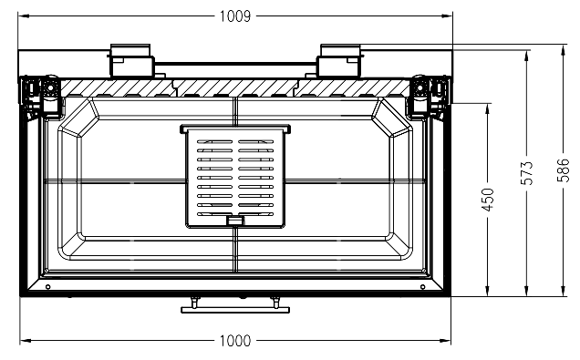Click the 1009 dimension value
click(x=235, y=16)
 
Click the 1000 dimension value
click(x=235, y=341)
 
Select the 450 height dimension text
click(x=488, y=200)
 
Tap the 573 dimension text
click(x=527, y=173)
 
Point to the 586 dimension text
click(x=563, y=170)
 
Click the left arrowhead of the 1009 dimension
click(x=24, y=15)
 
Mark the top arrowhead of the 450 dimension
click(x=488, y=108)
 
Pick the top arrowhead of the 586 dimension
click(x=563, y=50)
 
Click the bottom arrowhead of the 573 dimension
click(x=527, y=291)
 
